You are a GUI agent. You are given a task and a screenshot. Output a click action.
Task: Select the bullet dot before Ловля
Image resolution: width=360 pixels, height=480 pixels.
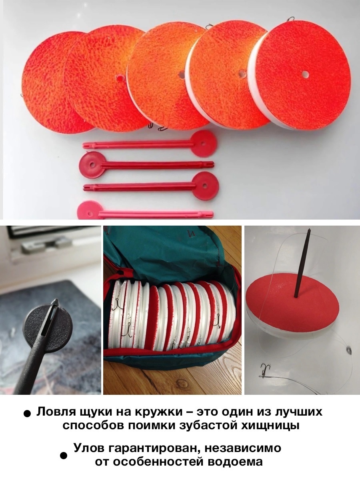(27, 414)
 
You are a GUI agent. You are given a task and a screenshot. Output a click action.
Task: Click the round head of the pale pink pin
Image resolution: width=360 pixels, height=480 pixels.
(90, 212)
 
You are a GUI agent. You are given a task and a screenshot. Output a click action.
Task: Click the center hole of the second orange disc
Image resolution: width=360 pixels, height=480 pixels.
(119, 77)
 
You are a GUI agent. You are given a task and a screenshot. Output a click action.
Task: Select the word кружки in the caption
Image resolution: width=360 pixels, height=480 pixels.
(158, 412)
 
